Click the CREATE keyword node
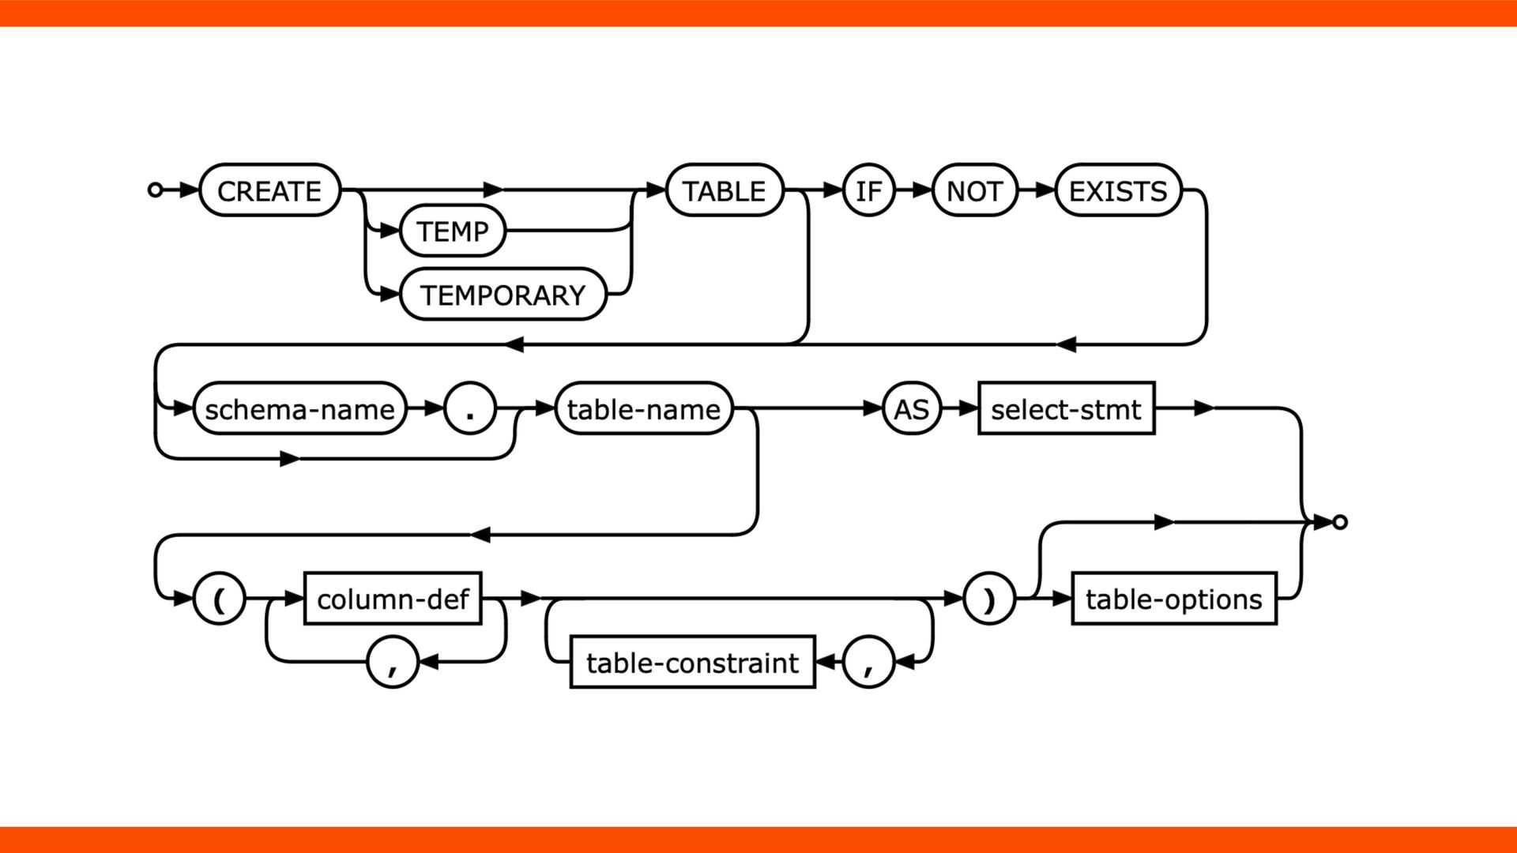click(x=269, y=190)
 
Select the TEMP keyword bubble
click(x=453, y=231)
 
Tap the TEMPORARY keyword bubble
click(x=503, y=295)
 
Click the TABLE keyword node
click(x=725, y=190)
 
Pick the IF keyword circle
click(x=868, y=190)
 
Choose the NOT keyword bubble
click(x=974, y=190)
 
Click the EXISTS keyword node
click(x=1118, y=190)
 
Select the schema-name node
click(x=299, y=409)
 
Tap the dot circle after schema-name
click(x=470, y=409)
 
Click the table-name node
click(x=644, y=409)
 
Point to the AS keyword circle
click(x=912, y=409)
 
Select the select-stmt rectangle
click(x=1066, y=409)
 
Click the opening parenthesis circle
click(x=219, y=599)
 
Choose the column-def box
click(x=393, y=599)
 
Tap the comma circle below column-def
click(x=393, y=662)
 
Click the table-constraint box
click(x=692, y=662)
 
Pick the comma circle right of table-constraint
click(x=868, y=662)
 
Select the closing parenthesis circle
click(x=989, y=599)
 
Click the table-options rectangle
click(x=1173, y=599)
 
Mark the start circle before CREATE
click(x=156, y=190)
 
